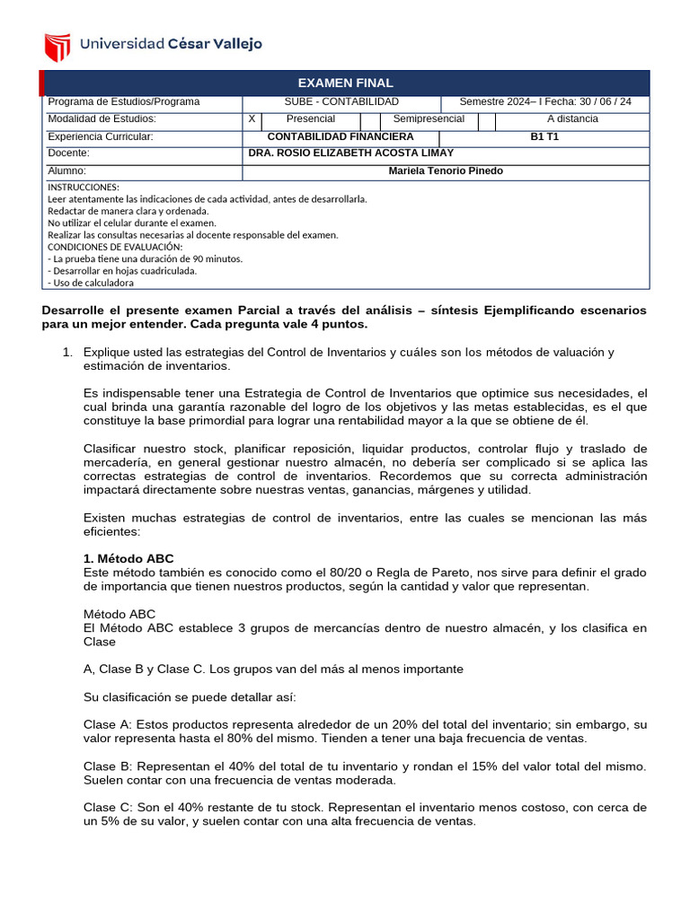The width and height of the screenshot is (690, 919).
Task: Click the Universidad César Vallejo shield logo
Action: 57,46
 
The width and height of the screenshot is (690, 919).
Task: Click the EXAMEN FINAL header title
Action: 346,83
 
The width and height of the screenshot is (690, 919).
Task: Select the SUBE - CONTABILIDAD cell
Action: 341,102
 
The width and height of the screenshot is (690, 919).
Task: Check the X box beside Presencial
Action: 252,119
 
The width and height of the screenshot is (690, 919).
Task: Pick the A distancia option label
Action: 571,119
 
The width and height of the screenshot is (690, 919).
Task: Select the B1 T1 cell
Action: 544,136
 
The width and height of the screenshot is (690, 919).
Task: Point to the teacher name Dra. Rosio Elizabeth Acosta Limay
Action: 350,153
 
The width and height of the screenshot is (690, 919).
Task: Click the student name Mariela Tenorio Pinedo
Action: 446,171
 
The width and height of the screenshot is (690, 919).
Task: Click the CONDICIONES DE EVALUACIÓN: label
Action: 114,247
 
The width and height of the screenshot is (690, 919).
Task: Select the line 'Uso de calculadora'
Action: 93,283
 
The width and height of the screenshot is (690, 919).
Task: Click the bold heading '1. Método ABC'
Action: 128,559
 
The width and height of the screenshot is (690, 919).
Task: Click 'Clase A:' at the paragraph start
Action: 106,724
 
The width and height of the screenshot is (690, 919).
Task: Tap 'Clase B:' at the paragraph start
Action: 106,766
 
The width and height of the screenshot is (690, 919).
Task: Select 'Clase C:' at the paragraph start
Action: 106,808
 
